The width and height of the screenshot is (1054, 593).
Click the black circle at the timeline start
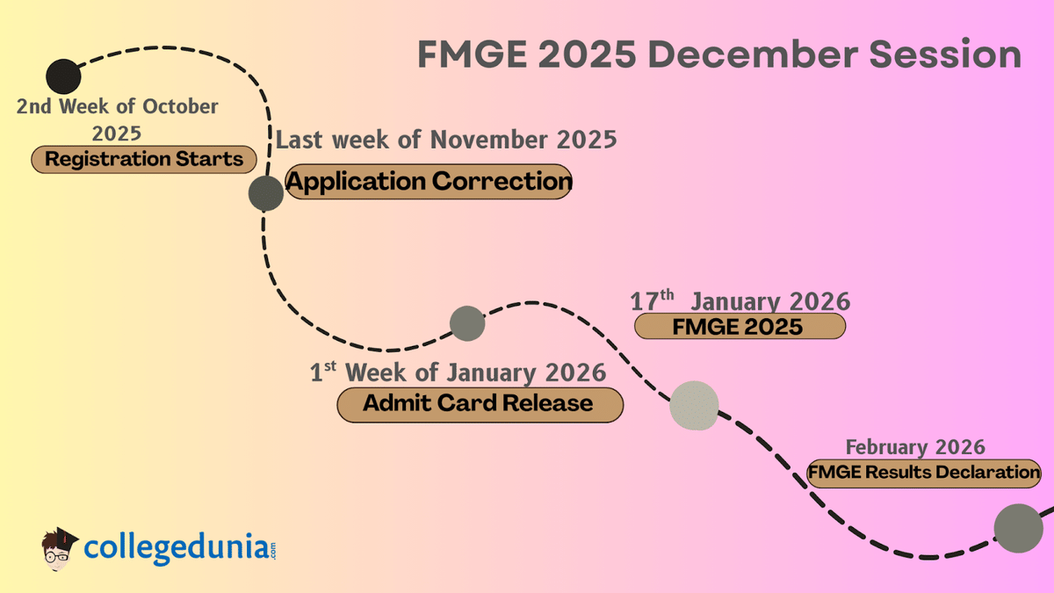62,77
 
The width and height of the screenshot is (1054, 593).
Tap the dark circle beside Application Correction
265,193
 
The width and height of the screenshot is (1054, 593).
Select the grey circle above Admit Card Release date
466,323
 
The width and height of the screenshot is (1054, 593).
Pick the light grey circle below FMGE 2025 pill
694,406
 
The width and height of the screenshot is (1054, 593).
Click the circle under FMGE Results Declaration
1018,529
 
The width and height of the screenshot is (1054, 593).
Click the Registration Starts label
144,160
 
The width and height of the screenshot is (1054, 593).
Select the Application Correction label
429,182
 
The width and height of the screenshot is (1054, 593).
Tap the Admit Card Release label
480,404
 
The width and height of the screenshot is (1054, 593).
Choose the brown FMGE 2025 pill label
739,327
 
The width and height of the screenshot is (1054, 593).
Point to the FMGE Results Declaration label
924,473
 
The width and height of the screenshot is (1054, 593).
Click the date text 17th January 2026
740,301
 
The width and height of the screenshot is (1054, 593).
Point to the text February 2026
914,446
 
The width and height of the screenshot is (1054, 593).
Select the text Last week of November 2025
446,140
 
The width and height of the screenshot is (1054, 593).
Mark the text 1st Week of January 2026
458,372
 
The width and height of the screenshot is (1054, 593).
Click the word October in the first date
180,106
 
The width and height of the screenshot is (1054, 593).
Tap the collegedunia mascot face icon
60,549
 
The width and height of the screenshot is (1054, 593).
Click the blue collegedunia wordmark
176,547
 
